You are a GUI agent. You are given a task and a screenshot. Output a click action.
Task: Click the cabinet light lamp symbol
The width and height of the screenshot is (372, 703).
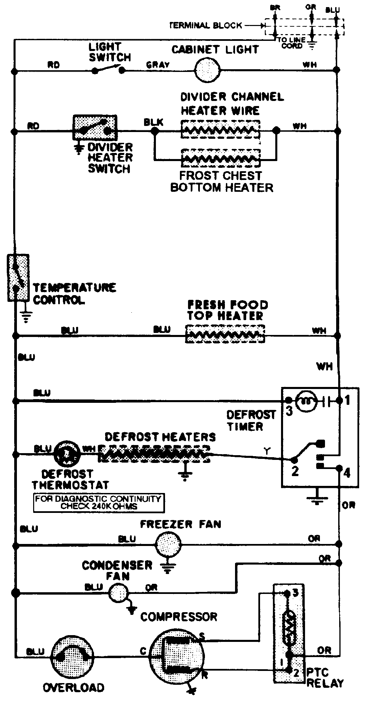[207, 70]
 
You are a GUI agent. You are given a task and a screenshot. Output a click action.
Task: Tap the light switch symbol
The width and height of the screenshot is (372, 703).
[109, 70]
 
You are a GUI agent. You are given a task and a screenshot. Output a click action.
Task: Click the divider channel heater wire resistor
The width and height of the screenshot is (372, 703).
[221, 129]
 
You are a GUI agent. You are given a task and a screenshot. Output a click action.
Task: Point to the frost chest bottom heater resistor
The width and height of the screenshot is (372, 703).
[221, 158]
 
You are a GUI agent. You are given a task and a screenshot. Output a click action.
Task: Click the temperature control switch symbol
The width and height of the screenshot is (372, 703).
[18, 278]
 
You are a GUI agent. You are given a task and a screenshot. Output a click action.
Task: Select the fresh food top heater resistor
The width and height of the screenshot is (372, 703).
[225, 334]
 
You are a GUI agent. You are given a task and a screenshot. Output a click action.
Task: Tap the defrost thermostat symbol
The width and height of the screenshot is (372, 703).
[67, 454]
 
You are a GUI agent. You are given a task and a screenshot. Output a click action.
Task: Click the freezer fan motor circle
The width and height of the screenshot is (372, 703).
[168, 544]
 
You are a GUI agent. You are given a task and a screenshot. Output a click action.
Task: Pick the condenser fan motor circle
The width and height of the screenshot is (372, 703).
[118, 593]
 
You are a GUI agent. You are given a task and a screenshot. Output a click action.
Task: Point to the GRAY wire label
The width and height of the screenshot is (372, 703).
[158, 64]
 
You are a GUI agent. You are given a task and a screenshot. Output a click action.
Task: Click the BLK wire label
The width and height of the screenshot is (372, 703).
[153, 122]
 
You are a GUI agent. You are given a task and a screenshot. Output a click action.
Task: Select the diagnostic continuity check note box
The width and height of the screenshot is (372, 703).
[99, 503]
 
